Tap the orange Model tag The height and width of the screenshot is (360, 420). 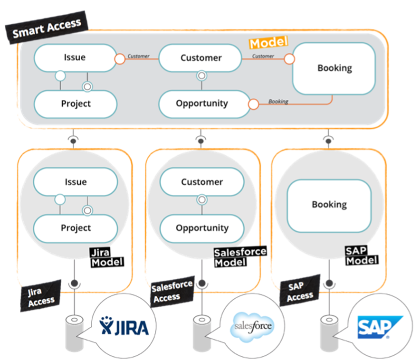click(x=269, y=43)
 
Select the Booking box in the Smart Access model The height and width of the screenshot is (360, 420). click(x=334, y=68)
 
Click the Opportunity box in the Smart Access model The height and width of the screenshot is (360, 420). click(x=201, y=104)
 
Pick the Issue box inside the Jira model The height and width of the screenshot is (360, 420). click(x=76, y=182)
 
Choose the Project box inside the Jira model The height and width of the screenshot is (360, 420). click(x=76, y=228)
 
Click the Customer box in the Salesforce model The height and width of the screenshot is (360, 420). click(x=201, y=182)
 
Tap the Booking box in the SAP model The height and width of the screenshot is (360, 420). click(x=329, y=204)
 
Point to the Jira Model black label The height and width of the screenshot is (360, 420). click(x=107, y=257)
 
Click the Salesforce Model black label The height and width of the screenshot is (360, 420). click(x=240, y=256)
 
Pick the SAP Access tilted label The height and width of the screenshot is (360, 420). click(x=300, y=291)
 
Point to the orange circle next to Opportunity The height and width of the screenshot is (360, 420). click(x=253, y=104)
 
